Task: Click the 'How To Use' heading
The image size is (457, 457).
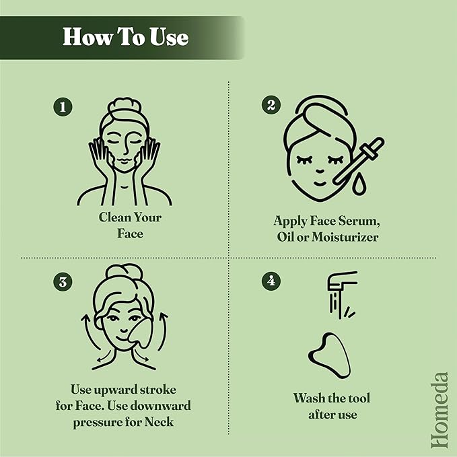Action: click(126, 37)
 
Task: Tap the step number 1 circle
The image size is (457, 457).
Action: click(63, 106)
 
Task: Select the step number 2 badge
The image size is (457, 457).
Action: click(271, 105)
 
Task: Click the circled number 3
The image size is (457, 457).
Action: click(63, 282)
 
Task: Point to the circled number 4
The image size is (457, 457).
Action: click(271, 281)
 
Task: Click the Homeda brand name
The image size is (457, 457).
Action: click(440, 410)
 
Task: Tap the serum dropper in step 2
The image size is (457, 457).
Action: click(359, 161)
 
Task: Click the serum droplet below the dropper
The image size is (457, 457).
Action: click(359, 184)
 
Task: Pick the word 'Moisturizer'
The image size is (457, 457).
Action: click(345, 237)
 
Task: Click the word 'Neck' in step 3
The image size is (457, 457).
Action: click(159, 422)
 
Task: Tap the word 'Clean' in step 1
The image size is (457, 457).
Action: click(113, 217)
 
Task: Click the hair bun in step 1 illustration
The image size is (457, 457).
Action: click(125, 106)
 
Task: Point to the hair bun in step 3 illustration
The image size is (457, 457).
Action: click(125, 272)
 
